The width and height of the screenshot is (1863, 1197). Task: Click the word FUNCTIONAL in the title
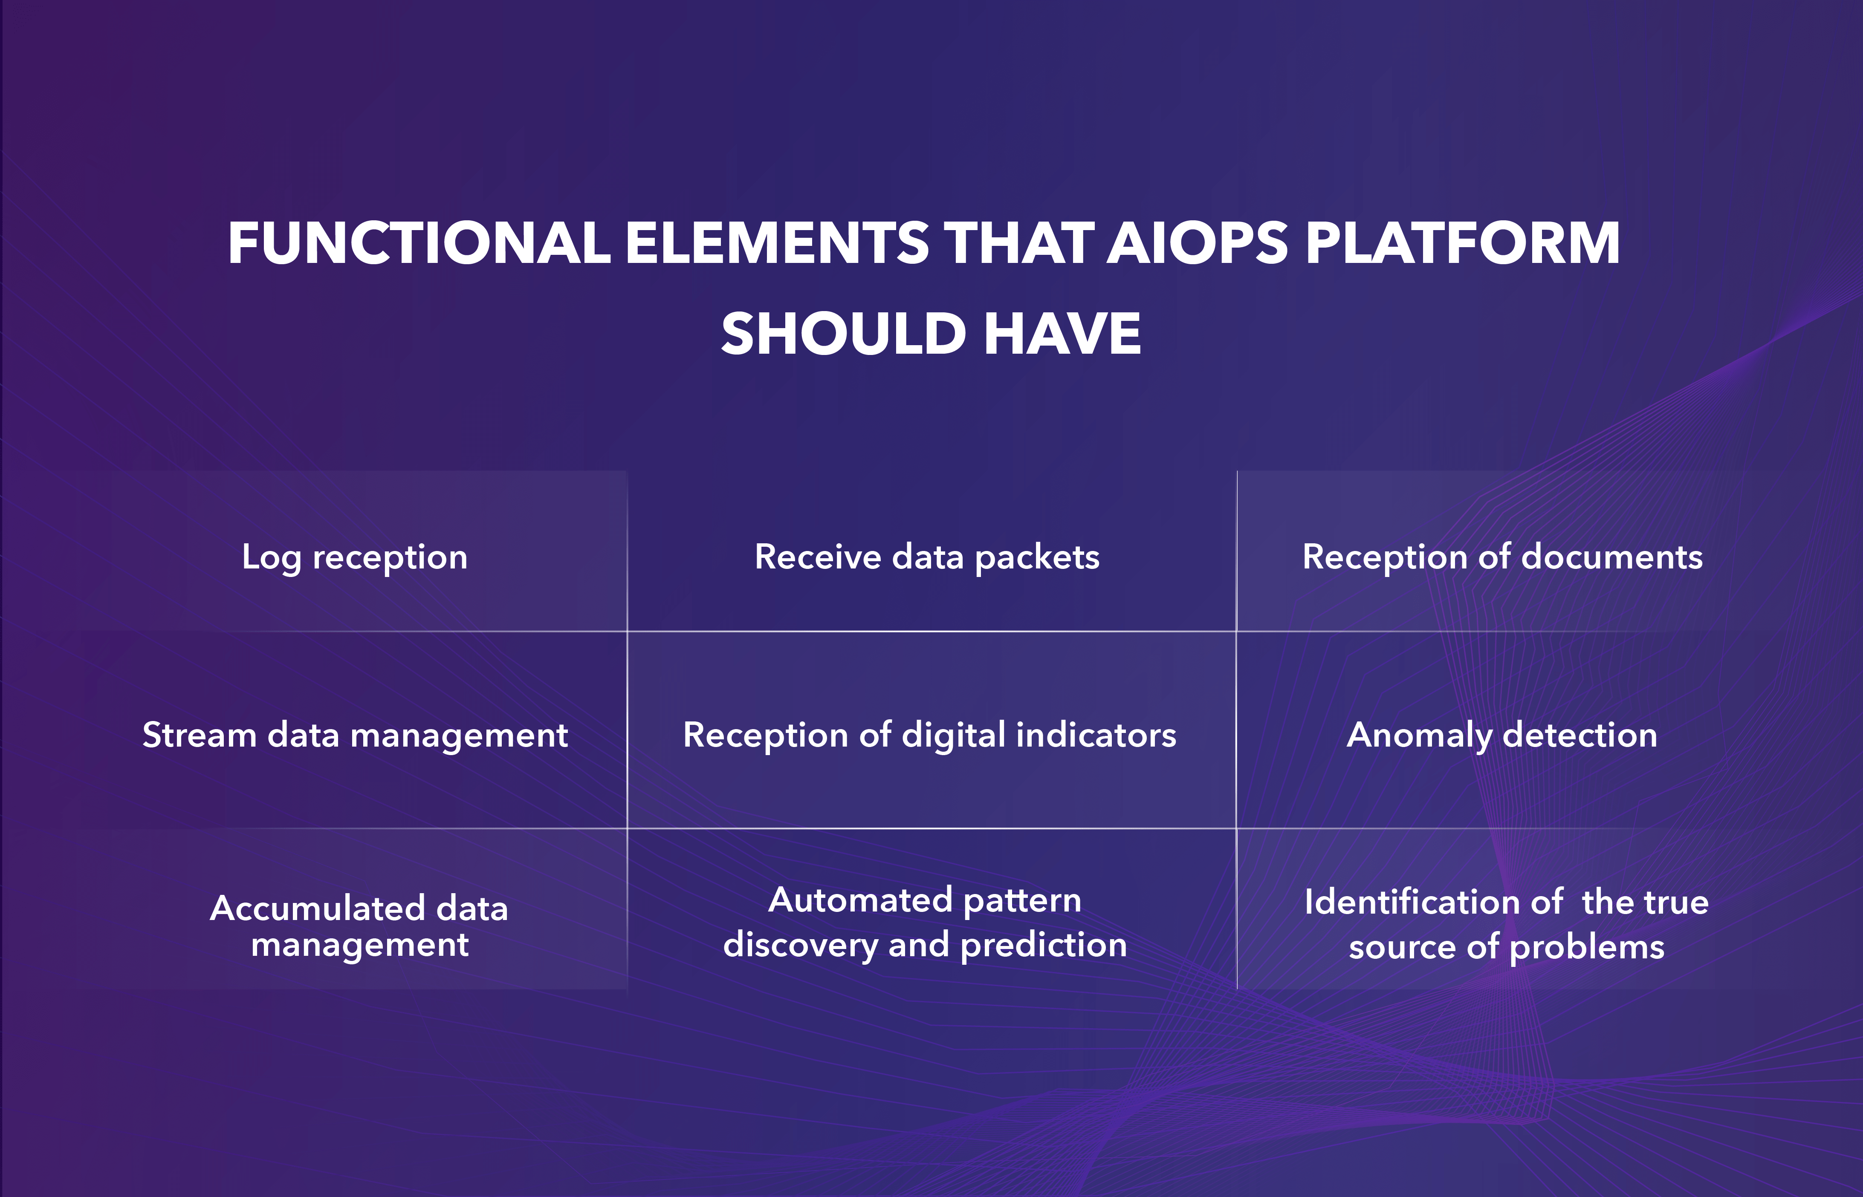[x=419, y=243]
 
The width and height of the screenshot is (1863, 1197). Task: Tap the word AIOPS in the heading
[x=1198, y=243]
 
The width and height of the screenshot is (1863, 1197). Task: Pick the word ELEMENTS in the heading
[x=778, y=243]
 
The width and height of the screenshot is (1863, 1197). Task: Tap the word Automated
[x=860, y=900]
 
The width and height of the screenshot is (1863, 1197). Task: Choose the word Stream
[x=199, y=735]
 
